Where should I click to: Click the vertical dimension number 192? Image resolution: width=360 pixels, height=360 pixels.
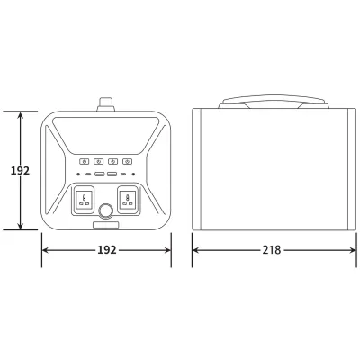13,172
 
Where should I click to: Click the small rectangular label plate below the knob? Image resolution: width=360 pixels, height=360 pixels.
106,225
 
